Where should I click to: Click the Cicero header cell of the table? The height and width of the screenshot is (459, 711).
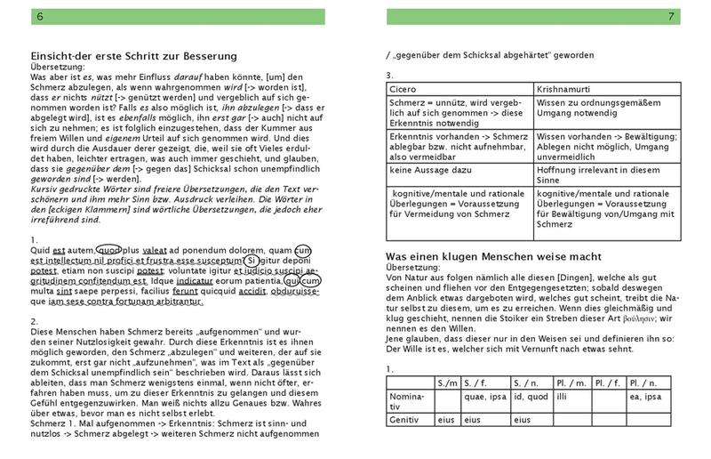(404, 89)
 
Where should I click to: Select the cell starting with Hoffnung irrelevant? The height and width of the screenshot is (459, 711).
(587, 169)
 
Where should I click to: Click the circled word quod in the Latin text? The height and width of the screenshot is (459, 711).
(108, 251)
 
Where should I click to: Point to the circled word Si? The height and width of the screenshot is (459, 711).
(252, 262)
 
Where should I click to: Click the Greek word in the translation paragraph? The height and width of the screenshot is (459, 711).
(642, 318)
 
